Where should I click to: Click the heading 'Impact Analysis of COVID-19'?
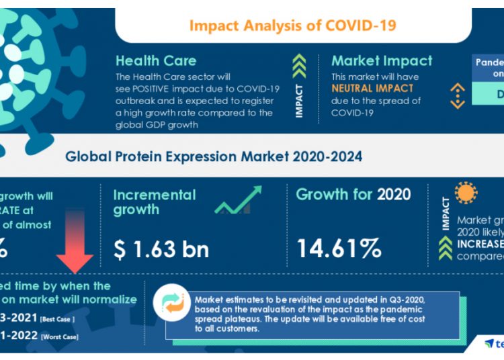(x=292, y=26)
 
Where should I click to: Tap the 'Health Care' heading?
(x=157, y=60)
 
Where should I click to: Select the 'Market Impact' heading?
(x=382, y=60)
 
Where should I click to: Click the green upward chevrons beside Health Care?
(x=299, y=66)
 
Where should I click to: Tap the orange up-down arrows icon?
(x=458, y=95)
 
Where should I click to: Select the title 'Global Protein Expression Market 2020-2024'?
(x=214, y=157)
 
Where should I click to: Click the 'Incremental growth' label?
(x=154, y=202)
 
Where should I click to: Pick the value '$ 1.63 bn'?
(x=161, y=249)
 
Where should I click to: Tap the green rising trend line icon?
(x=239, y=201)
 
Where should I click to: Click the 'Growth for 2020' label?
(x=353, y=195)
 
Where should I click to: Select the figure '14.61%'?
(x=339, y=249)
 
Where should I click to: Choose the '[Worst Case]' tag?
(x=60, y=335)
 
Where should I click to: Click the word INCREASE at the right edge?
(x=480, y=243)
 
